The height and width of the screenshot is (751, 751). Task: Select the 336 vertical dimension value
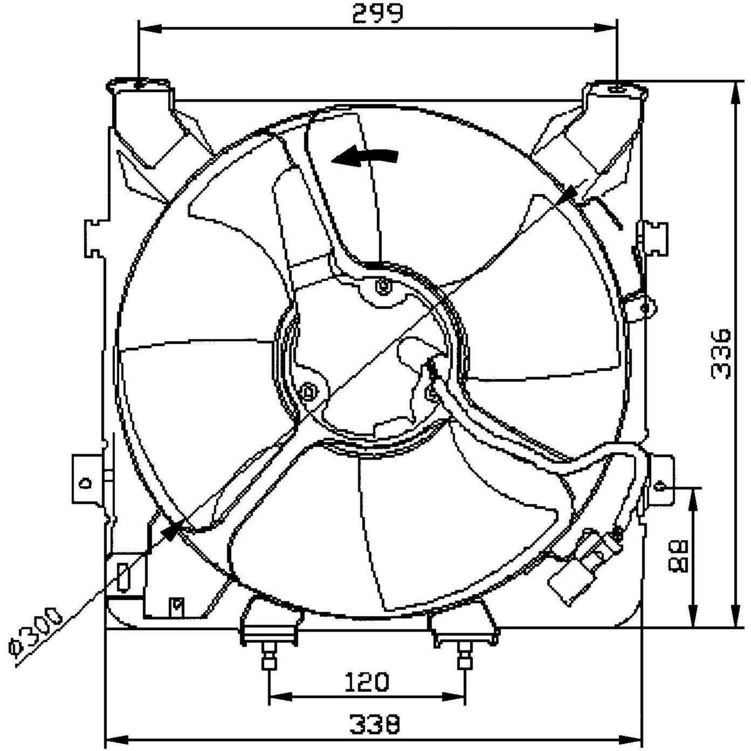coord(721,354)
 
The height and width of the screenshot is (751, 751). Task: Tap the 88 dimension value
coord(680,556)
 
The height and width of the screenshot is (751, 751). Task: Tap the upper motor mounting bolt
coord(383,286)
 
